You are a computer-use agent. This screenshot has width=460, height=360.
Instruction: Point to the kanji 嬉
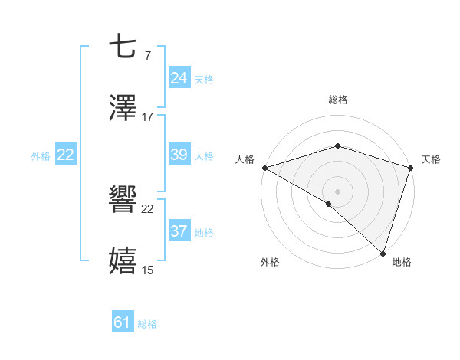click(123, 260)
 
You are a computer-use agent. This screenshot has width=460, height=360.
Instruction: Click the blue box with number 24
click(179, 77)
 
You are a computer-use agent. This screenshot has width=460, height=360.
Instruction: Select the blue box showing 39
click(179, 155)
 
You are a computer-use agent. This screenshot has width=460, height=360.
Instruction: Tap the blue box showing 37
click(179, 231)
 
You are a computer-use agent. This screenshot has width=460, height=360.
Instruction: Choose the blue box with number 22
click(66, 155)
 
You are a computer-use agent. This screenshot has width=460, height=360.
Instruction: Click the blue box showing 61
click(123, 322)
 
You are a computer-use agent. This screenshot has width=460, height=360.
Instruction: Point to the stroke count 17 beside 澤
click(148, 117)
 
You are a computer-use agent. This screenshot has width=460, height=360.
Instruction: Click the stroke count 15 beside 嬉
click(148, 270)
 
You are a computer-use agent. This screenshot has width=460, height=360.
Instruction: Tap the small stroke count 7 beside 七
click(147, 55)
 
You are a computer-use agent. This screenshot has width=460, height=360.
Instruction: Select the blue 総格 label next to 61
click(147, 324)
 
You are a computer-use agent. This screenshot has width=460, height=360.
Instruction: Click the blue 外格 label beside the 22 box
click(41, 156)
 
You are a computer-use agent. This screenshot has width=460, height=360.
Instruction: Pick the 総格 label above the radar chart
click(338, 100)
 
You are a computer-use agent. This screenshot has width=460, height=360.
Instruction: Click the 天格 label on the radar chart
click(432, 159)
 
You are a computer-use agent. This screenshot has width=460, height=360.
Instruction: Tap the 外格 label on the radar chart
click(270, 262)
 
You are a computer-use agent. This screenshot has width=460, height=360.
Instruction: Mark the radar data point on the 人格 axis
click(264, 168)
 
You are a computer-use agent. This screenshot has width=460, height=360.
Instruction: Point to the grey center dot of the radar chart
click(338, 191)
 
